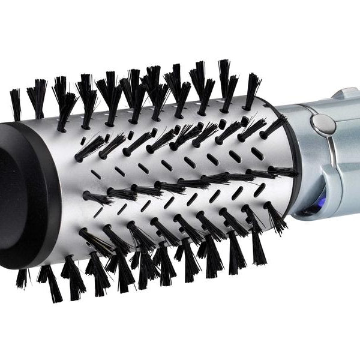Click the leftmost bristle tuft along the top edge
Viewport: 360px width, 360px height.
tap(16, 102)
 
